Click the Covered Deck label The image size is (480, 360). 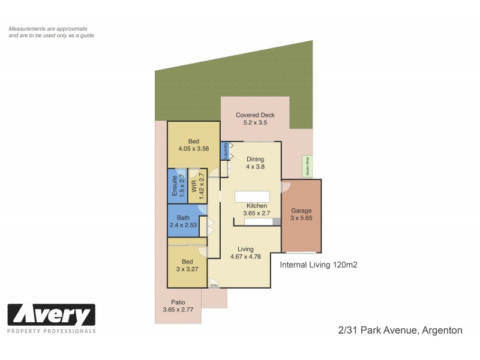pos(255,115)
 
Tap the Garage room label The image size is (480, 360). pos(301,211)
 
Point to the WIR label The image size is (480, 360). pos(194,186)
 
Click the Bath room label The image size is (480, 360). pos(184,217)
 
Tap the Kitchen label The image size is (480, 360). pos(257,205)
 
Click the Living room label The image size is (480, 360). pos(245,249)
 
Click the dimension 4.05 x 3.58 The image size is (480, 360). pos(193,149)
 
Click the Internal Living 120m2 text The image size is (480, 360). pos(319,264)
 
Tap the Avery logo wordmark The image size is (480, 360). pos(51,315)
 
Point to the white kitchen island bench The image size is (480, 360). pos(252,196)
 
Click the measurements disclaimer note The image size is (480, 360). pos(51,32)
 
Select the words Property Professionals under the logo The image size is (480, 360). pos(51,331)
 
